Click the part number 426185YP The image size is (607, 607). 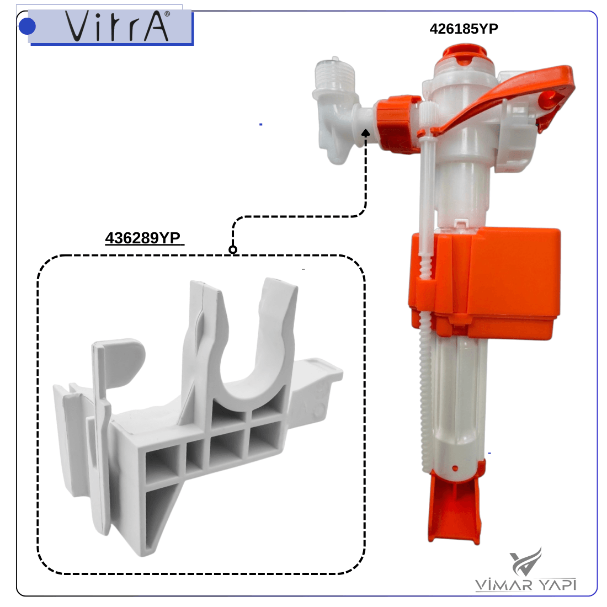click(x=464, y=29)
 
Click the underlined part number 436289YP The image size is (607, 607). click(x=143, y=238)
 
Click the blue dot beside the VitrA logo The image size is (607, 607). click(x=27, y=26)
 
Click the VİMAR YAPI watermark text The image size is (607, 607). click(x=526, y=584)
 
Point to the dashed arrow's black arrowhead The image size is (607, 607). click(x=365, y=133)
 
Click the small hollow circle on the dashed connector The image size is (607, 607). click(x=233, y=249)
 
